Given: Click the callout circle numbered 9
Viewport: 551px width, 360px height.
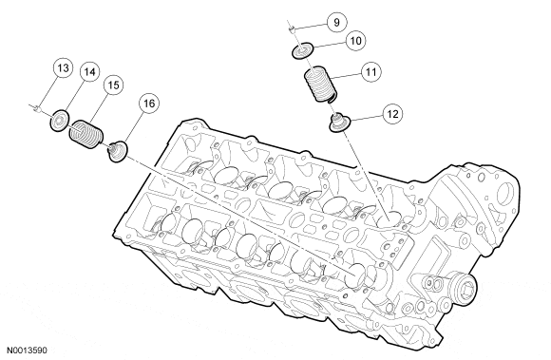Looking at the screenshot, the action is pyautogui.click(x=336, y=23).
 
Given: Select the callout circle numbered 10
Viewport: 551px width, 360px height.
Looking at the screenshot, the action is pyautogui.click(x=355, y=41).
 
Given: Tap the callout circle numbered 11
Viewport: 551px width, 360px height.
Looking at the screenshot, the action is pyautogui.click(x=371, y=72).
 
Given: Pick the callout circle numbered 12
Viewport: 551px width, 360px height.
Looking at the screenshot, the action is pyautogui.click(x=392, y=114).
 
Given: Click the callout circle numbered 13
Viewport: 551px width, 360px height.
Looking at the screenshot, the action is pyautogui.click(x=63, y=67).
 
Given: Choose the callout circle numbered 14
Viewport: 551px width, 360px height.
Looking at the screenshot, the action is pyautogui.click(x=89, y=72).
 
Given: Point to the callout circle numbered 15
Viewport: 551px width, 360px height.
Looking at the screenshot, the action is pyautogui.click(x=113, y=85).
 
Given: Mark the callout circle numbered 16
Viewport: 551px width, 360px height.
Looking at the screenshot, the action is pyautogui.click(x=149, y=104).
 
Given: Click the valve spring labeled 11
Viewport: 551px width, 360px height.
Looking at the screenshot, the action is pyautogui.click(x=320, y=84).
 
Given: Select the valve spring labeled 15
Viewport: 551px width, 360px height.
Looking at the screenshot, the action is pyautogui.click(x=86, y=134).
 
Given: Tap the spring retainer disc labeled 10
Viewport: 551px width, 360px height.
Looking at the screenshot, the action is pyautogui.click(x=302, y=50).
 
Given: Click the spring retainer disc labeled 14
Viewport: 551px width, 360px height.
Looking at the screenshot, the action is pyautogui.click(x=60, y=121).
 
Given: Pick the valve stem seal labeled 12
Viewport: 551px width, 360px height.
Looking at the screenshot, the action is pyautogui.click(x=338, y=123).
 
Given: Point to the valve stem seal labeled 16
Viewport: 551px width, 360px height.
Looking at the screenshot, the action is pyautogui.click(x=117, y=151).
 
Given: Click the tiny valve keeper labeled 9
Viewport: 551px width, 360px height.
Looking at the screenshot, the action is pyautogui.click(x=292, y=29).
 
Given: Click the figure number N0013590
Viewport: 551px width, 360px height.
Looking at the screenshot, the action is pyautogui.click(x=27, y=350).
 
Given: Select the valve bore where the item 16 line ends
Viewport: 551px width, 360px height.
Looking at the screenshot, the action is pyautogui.click(x=356, y=273).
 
